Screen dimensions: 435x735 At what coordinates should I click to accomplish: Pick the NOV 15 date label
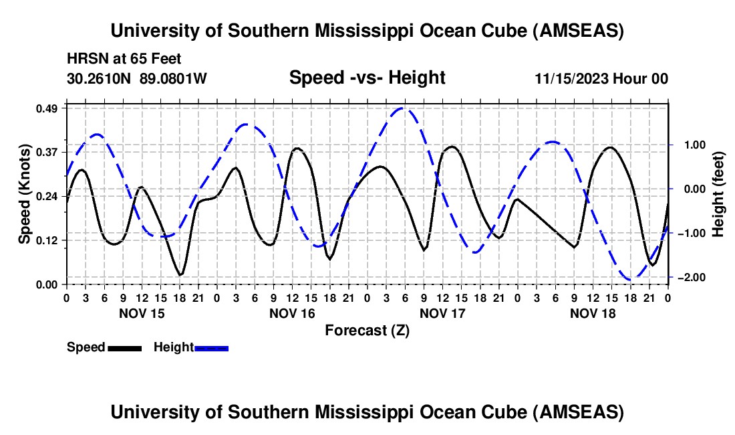pos(142,313)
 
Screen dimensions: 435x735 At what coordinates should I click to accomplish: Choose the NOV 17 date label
pos(442,313)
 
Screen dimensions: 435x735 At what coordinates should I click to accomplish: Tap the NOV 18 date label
pos(593,313)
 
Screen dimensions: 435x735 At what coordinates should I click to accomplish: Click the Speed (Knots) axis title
pos(25,194)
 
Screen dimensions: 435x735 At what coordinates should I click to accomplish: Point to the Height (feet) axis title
pos(718,194)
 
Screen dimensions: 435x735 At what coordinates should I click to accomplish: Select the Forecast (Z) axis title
pos(367,330)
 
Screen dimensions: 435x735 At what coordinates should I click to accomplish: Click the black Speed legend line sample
pos(124,348)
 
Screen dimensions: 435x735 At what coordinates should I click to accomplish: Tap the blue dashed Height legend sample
pos(211,348)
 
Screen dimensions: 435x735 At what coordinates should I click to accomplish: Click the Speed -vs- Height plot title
pos(367,78)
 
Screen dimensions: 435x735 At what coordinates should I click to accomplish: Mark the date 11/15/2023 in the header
pos(571,79)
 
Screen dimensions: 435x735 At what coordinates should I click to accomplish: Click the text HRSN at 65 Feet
pos(124,59)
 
